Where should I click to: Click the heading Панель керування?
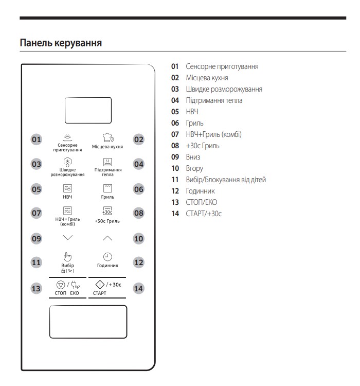pos(61,43)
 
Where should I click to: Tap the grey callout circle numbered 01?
pos(36,139)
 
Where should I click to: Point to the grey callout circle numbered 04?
pos(139,164)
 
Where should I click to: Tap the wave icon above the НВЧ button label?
pos(67,188)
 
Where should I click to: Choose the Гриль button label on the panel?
pos(107,197)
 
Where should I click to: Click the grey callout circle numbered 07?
pos(36,213)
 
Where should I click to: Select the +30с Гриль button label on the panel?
pos(107,221)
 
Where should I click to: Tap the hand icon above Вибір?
pos(67,256)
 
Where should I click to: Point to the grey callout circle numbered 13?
pos(36,289)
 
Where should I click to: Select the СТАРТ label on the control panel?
pos(99,293)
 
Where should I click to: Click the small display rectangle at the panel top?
pos(88,110)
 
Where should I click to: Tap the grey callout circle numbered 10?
pos(139,239)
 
